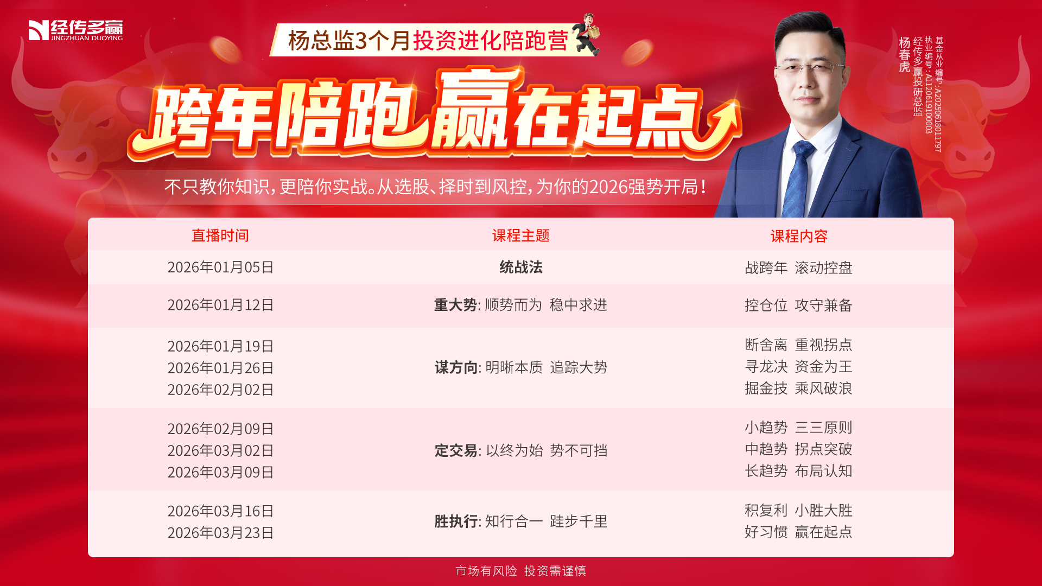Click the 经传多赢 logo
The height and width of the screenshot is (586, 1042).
(x=75, y=30)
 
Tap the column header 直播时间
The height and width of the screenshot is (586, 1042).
(x=220, y=235)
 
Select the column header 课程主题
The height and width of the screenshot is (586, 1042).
(x=521, y=235)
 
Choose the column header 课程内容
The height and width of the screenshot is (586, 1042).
(x=799, y=236)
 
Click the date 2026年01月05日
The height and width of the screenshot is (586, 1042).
(x=220, y=267)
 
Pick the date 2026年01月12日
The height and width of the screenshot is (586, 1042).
(x=220, y=305)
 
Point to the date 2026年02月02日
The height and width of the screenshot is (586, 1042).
(x=220, y=390)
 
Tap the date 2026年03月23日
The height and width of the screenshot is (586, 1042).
(x=220, y=533)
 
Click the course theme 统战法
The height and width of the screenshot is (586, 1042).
(x=521, y=267)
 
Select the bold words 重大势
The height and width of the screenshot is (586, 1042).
(x=455, y=305)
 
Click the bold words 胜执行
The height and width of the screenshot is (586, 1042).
(x=456, y=521)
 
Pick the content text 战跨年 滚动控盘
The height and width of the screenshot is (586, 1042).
(x=798, y=267)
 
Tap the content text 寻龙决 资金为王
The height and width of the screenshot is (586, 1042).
(x=798, y=367)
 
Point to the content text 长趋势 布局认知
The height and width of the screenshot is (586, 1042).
(x=798, y=471)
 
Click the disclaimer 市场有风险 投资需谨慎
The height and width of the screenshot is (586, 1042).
(x=521, y=571)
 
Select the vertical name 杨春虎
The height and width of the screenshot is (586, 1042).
(x=904, y=54)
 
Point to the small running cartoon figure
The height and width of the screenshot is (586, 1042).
(x=588, y=34)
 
